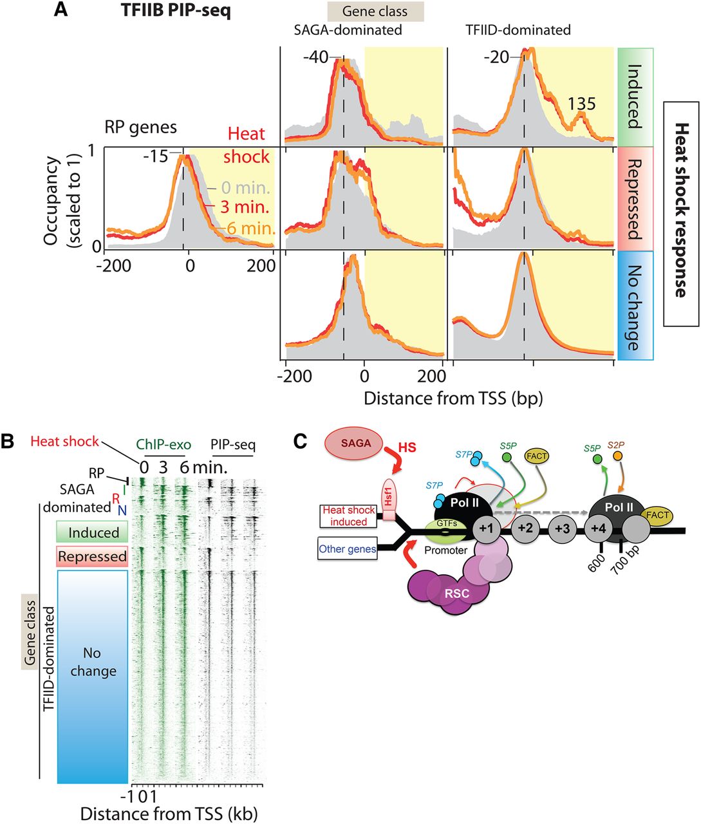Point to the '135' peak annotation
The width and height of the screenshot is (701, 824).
tap(581, 104)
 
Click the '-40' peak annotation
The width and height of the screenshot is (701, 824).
tap(315, 57)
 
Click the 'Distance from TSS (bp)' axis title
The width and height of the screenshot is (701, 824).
tap(453, 398)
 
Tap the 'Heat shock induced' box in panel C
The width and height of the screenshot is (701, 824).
tap(348, 516)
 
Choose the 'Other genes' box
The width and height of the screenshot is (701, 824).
tap(348, 550)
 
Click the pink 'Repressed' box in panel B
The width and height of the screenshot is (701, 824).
tap(92, 556)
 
